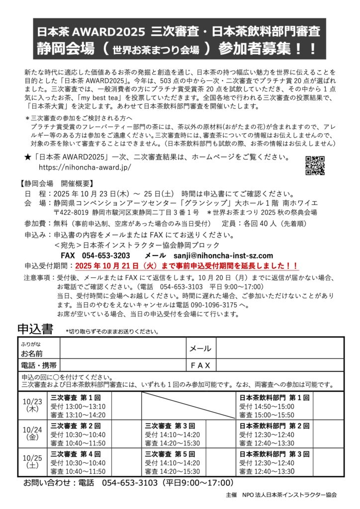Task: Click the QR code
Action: click(315, 166)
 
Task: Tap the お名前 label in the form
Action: click(31, 353)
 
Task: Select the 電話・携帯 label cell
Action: click(38, 365)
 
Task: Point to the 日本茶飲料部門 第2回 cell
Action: click(274, 433)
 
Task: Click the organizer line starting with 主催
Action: click(280, 495)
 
